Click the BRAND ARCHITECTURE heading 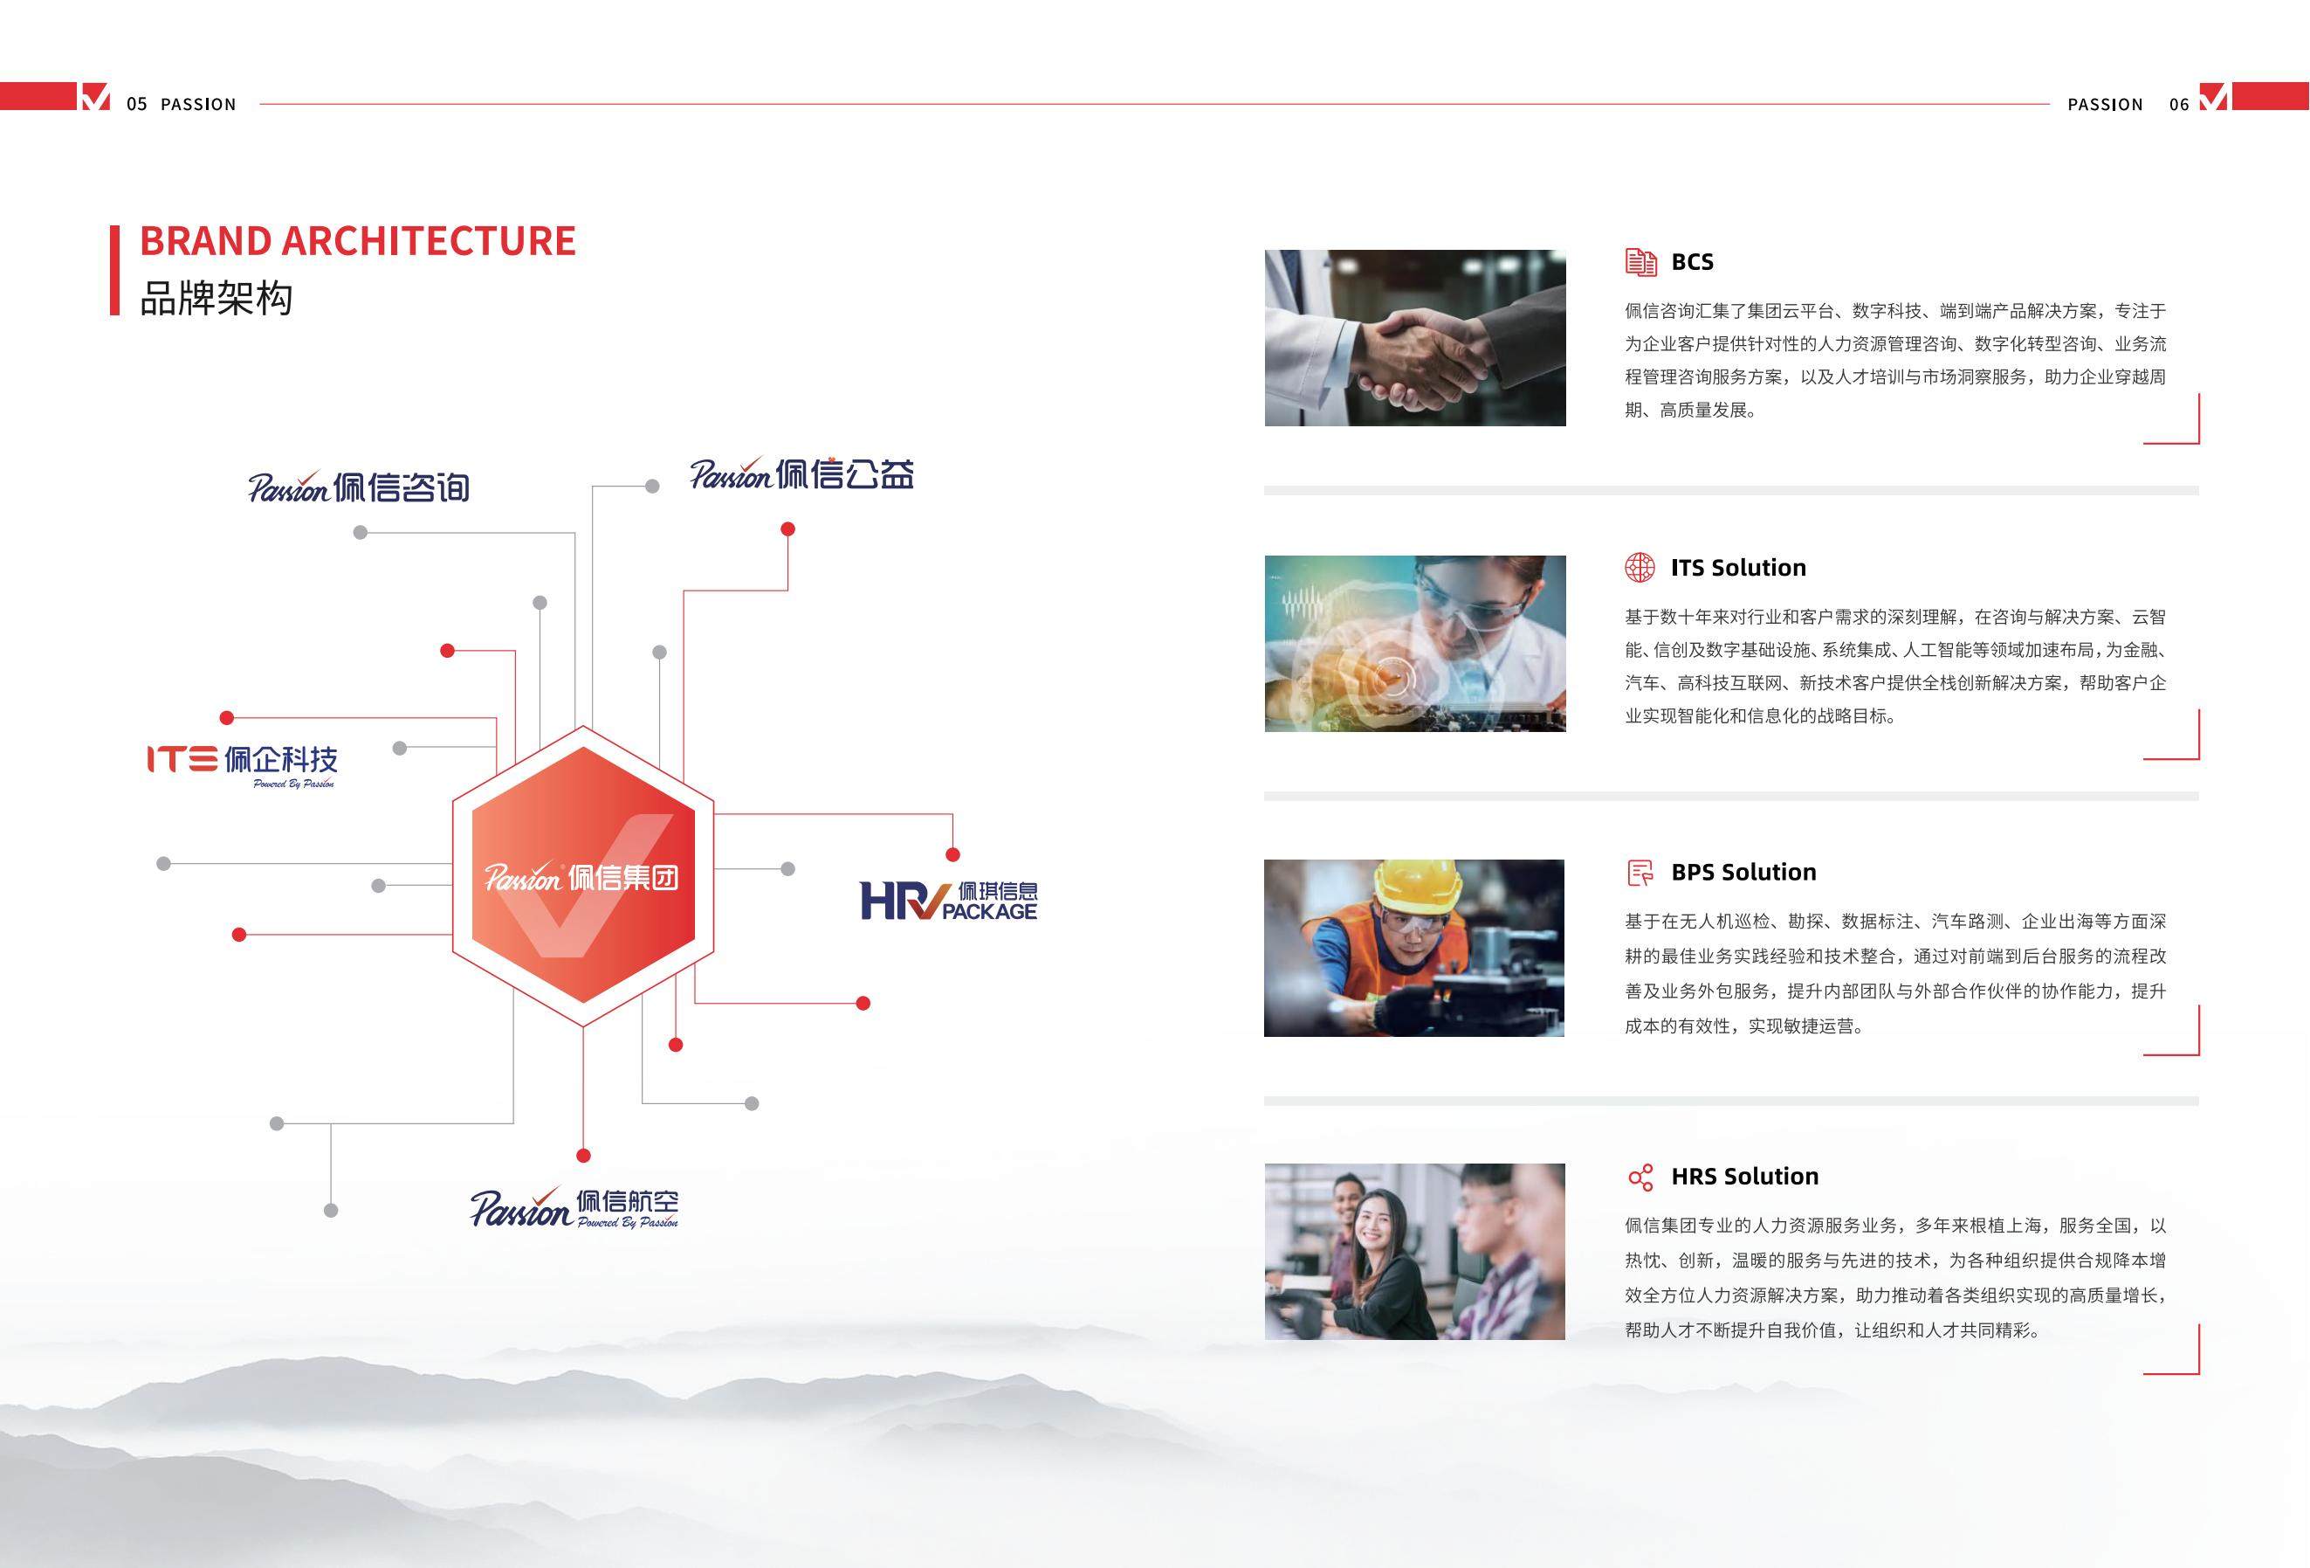358,240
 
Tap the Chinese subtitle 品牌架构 216,298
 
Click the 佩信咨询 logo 359,487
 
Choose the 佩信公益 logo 802,473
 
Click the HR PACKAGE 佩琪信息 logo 948,900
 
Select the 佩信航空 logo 574,1207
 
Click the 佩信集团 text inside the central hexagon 624,878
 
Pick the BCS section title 1692,261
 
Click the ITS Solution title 1737,568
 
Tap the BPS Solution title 1743,872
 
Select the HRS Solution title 1744,1177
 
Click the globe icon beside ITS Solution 1640,568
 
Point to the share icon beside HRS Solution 1640,1178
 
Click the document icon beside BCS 1641,261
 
